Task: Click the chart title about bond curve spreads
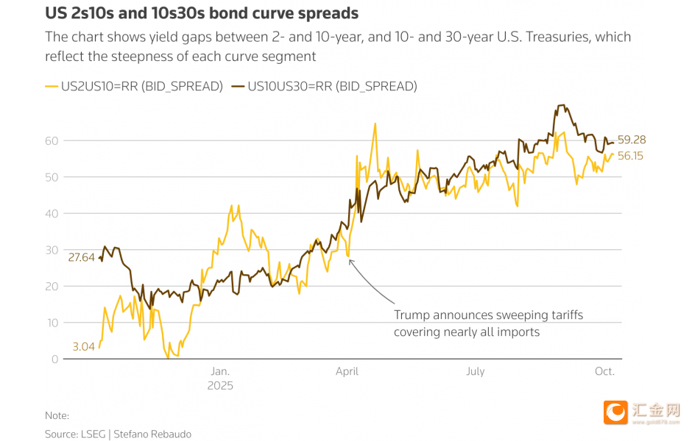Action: coord(202,14)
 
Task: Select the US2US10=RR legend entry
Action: coord(134,86)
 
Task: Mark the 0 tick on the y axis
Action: coord(54,359)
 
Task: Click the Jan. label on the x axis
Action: coord(220,371)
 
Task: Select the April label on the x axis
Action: coord(347,371)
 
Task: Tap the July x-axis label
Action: coord(476,371)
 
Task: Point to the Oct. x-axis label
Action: coord(604,371)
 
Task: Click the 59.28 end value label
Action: coord(632,140)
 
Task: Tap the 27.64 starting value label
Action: coord(81,257)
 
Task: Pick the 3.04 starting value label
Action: coord(84,346)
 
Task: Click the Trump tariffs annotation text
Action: coord(488,323)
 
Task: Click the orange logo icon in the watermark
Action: coord(615,412)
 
